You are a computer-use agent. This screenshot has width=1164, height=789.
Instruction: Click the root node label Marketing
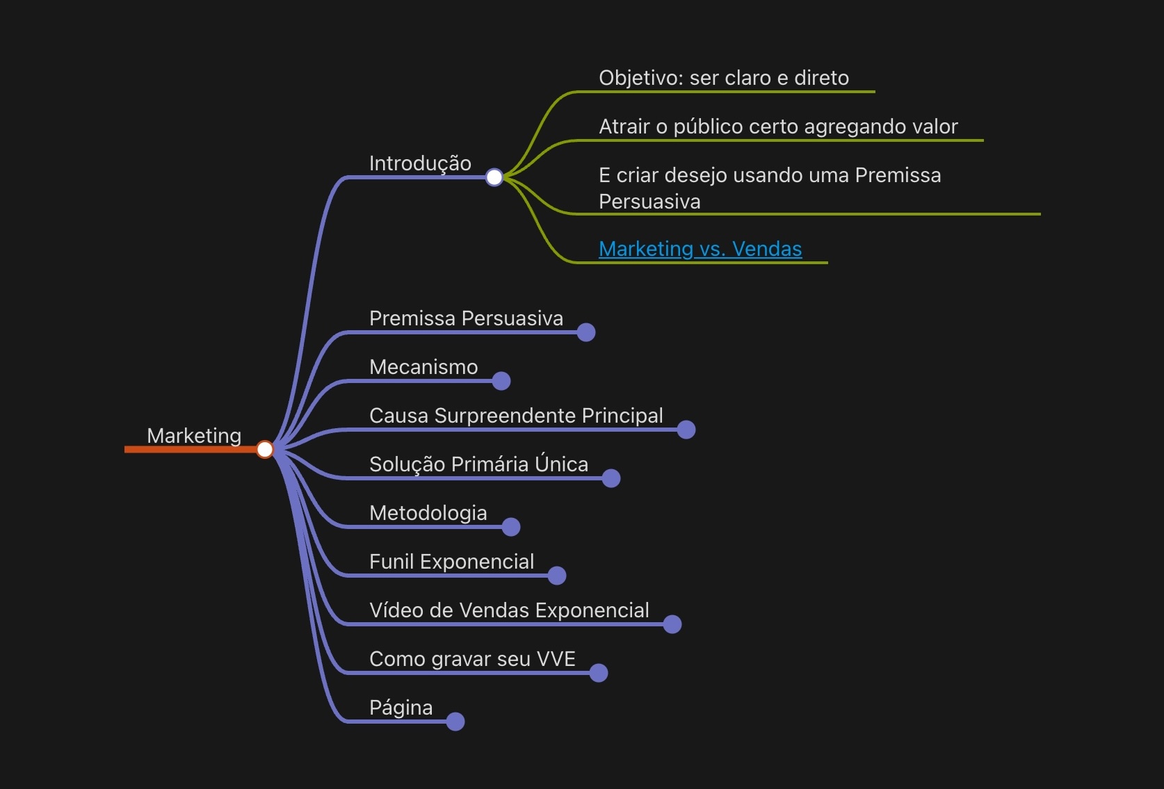click(194, 436)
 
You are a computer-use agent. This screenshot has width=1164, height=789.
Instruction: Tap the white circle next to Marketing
click(265, 450)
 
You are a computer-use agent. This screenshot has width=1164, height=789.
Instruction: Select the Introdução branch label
click(420, 163)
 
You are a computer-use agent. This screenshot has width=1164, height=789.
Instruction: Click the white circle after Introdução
click(494, 177)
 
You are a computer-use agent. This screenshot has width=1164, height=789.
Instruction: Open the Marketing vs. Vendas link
click(700, 249)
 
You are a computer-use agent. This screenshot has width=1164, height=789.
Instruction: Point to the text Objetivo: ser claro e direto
click(724, 78)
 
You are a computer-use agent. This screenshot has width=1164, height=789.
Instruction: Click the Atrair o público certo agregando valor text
click(778, 127)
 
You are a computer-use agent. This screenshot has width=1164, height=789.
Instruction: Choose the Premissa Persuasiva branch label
click(466, 318)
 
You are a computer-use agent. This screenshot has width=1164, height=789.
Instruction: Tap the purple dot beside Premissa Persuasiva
click(586, 332)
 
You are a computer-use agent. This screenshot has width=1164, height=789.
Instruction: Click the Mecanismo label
click(423, 367)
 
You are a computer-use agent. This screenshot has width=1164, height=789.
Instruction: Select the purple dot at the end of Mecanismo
click(501, 381)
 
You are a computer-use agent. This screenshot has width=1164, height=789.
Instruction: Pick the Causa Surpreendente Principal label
click(516, 416)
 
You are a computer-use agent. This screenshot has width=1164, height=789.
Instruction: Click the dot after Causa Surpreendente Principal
click(686, 430)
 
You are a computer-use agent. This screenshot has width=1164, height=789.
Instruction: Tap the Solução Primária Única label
click(478, 464)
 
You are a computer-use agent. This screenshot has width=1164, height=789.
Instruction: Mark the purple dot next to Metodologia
click(511, 527)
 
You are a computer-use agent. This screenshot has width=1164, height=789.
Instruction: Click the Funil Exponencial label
click(451, 562)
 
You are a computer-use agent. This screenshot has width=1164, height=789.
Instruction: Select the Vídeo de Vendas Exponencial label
click(509, 610)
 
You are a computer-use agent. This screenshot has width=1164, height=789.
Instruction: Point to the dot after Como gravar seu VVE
click(599, 673)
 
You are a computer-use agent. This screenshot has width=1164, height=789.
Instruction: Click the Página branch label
click(401, 708)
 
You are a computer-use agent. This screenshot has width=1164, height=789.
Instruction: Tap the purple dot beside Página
click(455, 722)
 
